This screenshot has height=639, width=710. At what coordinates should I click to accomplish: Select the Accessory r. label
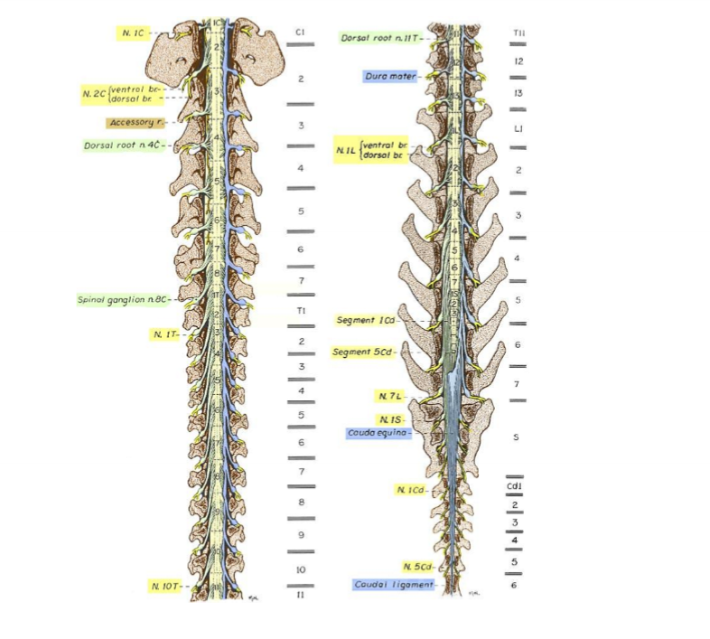(134, 122)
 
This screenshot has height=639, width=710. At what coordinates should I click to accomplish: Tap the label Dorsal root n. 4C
(122, 145)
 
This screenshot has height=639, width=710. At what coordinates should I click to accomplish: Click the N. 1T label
(163, 334)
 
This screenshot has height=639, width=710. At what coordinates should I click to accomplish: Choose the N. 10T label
(165, 587)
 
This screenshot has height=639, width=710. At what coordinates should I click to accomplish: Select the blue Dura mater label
(389, 77)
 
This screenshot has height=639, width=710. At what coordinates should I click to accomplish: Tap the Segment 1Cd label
(366, 320)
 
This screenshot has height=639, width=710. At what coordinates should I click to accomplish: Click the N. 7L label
(390, 396)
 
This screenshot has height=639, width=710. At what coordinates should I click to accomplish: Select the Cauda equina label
(378, 433)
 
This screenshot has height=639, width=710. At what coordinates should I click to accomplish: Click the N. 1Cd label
(411, 489)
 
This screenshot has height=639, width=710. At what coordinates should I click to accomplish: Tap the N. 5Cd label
(416, 567)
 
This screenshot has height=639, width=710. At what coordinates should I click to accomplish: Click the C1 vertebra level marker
(301, 33)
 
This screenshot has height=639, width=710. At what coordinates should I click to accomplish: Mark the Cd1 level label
(514, 487)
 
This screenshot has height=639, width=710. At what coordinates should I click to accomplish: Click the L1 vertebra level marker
(519, 129)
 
